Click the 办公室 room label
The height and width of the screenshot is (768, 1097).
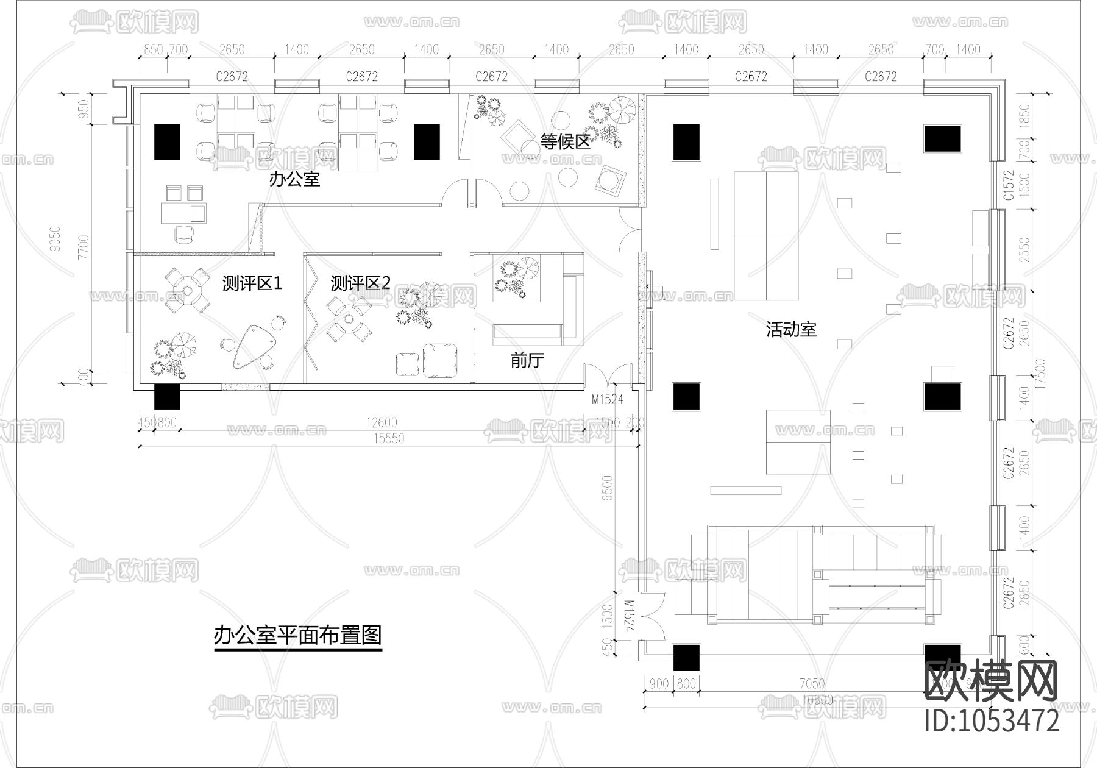coord(294,179)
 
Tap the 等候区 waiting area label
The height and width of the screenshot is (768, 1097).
coord(566,142)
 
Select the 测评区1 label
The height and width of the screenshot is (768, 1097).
coord(252,283)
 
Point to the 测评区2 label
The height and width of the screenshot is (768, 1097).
coord(360,283)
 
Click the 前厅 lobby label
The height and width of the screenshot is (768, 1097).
coord(527,361)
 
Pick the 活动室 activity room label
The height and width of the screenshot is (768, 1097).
coord(790,330)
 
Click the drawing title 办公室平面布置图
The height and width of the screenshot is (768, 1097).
coord(297,635)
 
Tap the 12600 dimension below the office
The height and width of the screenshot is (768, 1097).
coord(382,422)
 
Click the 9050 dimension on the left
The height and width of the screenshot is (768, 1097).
coord(55,239)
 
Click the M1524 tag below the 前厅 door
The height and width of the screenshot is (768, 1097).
coord(608,400)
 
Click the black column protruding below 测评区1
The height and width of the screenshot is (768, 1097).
coord(167,397)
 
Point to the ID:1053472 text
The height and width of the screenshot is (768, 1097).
coord(992,721)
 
